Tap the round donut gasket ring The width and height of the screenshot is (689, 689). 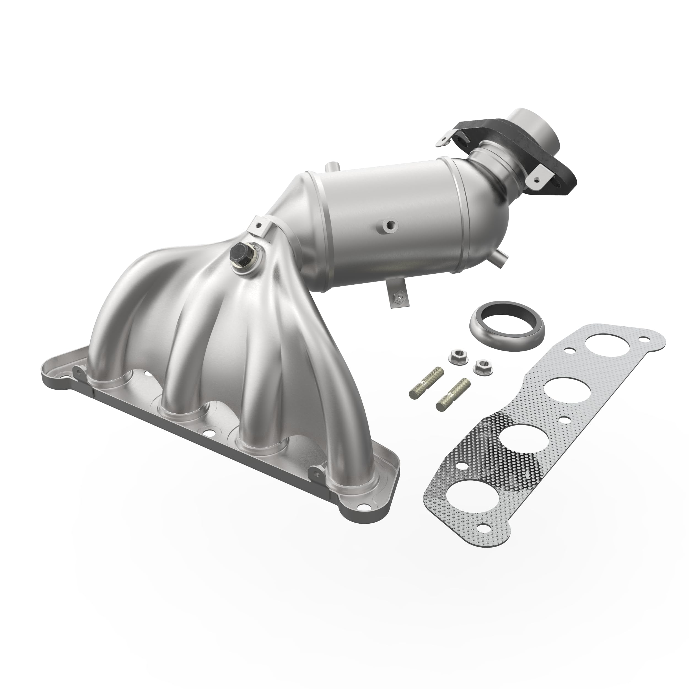pyautogui.click(x=506, y=325)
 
